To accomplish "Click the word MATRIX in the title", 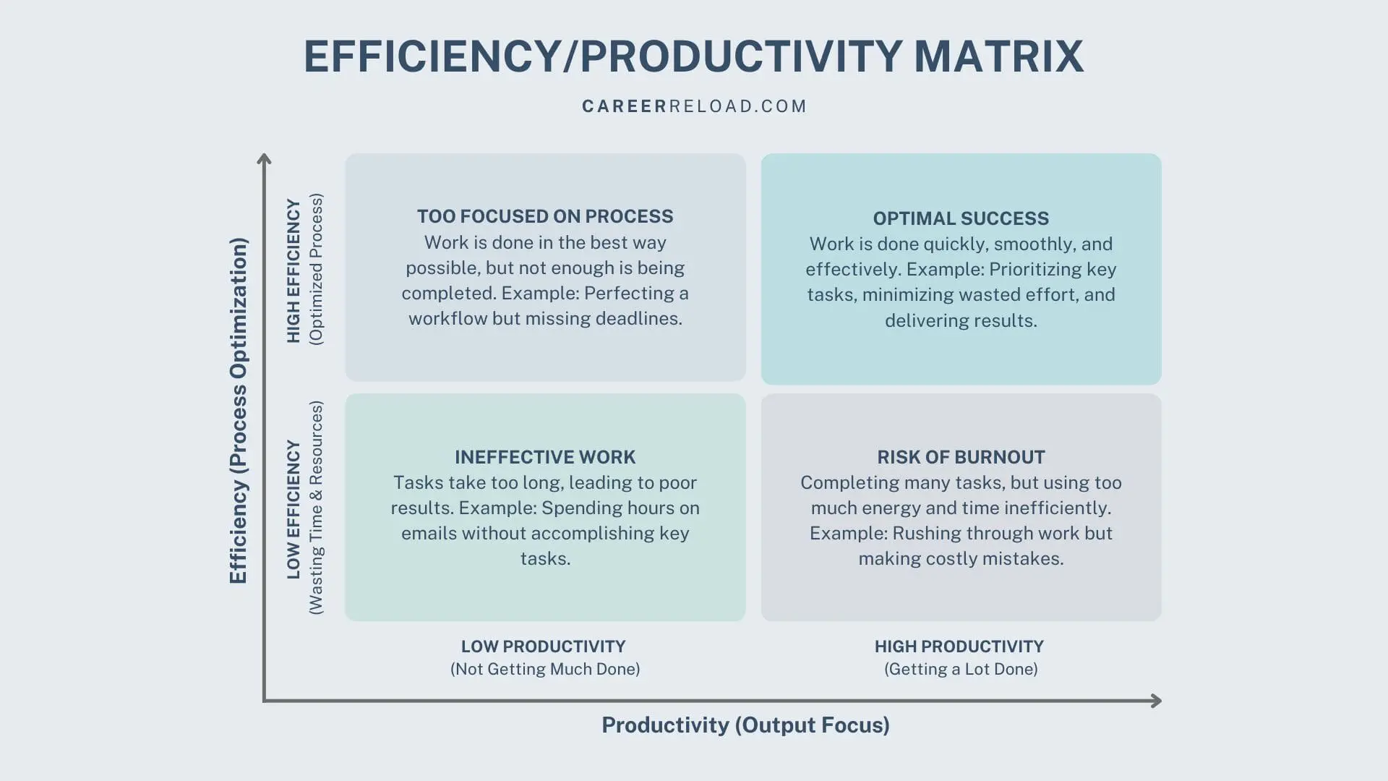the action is coord(999,56).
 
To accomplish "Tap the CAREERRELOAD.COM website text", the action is coord(694,106).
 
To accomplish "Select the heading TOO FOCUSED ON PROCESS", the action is coord(545,216).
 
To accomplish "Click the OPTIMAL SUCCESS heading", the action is coord(961,218).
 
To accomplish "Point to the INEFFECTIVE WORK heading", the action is coord(545,457).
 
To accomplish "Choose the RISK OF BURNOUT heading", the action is coord(961,457).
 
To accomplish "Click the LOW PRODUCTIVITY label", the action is coord(544,646).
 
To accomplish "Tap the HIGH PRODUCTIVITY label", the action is coord(959,646).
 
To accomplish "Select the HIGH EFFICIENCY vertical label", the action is coord(294,270).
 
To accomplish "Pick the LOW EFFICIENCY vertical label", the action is coord(294,509).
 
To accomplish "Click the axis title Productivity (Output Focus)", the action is coord(745,725).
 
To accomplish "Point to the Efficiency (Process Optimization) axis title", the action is coord(239,411).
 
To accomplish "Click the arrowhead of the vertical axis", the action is coord(265,158).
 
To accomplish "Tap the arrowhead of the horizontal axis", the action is coord(1156,701).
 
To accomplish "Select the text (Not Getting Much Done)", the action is coord(545,669).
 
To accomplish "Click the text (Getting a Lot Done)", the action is coord(961,669).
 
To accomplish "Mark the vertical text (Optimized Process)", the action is coord(317,269).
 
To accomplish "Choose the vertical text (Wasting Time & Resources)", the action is coord(317,508).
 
